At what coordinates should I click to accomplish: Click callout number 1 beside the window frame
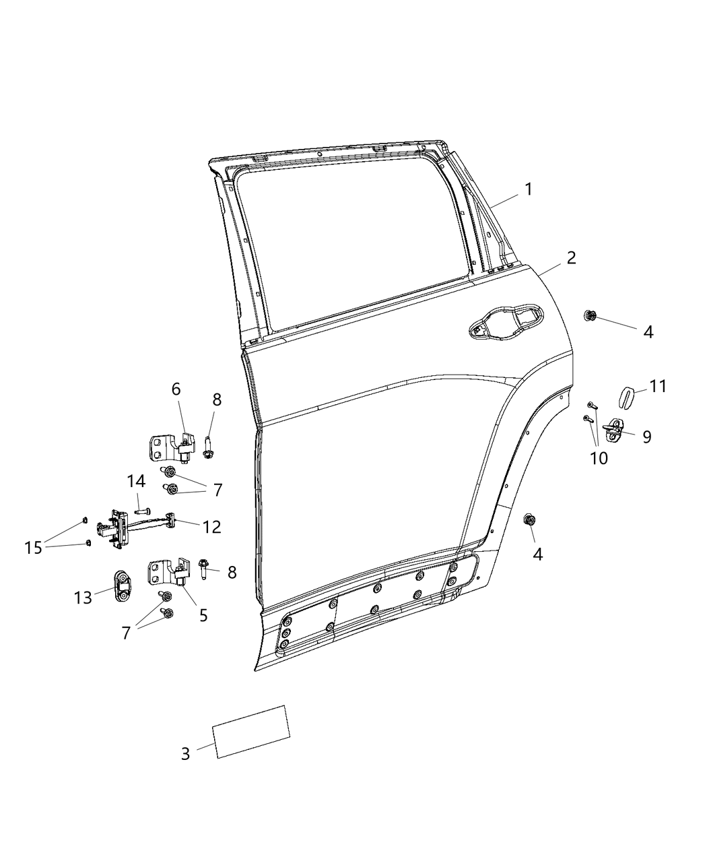tap(529, 189)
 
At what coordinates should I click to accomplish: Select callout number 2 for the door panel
tap(571, 257)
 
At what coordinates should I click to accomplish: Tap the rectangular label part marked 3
tap(251, 732)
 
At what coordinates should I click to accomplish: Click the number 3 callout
tap(186, 753)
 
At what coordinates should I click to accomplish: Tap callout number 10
tap(598, 458)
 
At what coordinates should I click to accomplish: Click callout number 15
tap(33, 548)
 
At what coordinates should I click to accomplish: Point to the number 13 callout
tap(83, 598)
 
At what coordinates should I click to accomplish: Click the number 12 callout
tap(211, 527)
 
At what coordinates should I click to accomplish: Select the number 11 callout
tap(658, 386)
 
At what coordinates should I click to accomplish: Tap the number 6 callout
tap(176, 389)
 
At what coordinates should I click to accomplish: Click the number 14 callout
tap(136, 481)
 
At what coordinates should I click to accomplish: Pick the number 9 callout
tap(646, 437)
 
